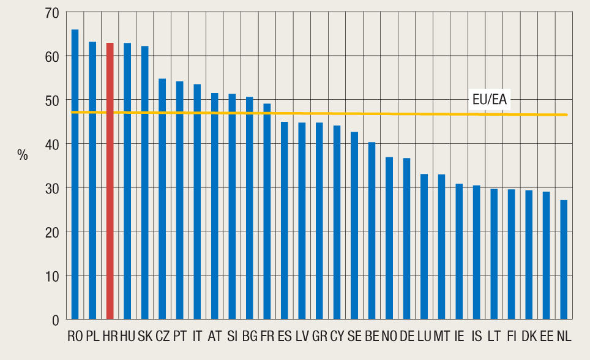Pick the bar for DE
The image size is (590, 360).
(406, 239)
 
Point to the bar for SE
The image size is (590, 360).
(354, 226)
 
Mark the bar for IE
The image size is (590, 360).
(459, 252)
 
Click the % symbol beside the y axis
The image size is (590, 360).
(23, 156)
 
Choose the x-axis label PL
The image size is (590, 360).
(93, 336)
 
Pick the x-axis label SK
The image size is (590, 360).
(145, 336)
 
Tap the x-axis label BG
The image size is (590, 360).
(250, 336)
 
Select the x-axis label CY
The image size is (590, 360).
(337, 336)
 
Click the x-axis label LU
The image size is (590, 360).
(424, 336)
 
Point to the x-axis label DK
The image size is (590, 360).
(529, 336)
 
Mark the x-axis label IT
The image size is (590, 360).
(197, 336)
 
